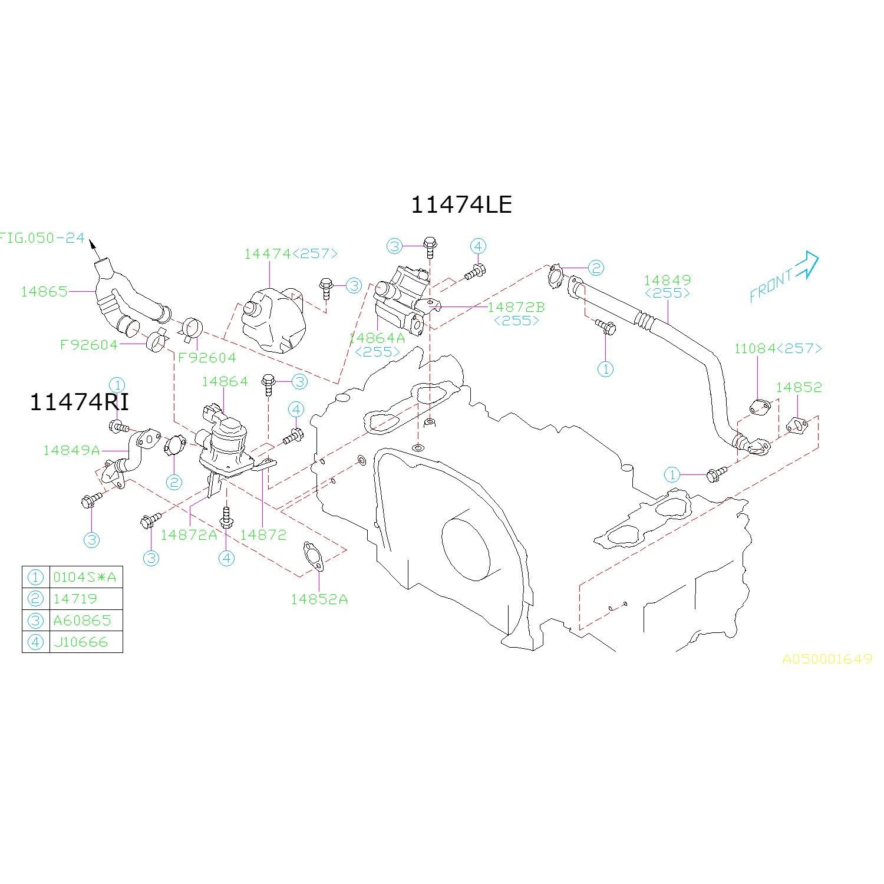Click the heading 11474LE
[461, 204]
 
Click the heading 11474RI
[79, 402]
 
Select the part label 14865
[44, 291]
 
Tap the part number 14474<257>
[291, 253]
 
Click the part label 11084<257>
[777, 348]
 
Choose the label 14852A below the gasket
[319, 599]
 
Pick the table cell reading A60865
[82, 620]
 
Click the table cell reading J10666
[81, 642]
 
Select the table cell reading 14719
[75, 599]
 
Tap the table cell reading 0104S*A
[85, 577]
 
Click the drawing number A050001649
[827, 659]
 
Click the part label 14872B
[516, 307]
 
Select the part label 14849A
[71, 450]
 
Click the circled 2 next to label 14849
[596, 268]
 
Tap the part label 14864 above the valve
[225, 381]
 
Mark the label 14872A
[189, 535]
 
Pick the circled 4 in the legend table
[36, 642]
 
